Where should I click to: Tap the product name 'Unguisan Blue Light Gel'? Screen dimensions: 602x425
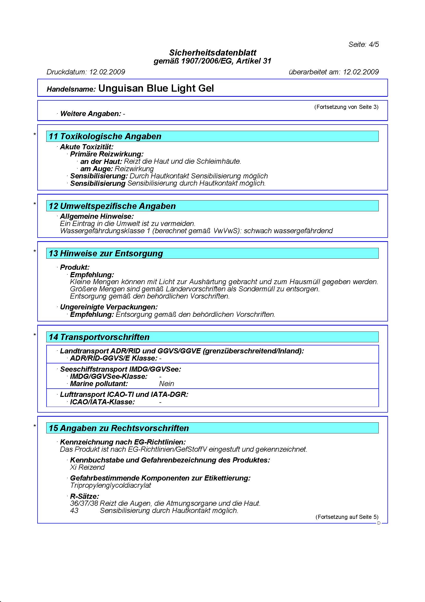pos(156,88)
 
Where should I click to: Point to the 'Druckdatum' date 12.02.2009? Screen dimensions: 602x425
pos(107,72)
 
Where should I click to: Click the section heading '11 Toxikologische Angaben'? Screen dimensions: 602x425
pos(105,136)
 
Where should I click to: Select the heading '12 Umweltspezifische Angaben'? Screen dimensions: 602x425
pos(112,206)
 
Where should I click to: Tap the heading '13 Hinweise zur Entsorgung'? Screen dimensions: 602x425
pos(106,253)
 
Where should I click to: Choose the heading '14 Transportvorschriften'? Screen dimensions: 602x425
pos(99,337)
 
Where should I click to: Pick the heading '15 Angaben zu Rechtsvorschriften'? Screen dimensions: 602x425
pos(119,428)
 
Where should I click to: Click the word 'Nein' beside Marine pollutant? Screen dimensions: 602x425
pos(167,383)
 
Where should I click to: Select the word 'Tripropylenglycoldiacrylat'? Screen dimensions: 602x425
pos(111,485)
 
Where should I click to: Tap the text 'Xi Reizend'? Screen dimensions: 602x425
pos(87,467)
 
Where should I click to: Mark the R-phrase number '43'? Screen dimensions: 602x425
pos(74,510)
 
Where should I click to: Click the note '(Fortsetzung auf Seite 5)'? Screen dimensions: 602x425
pos(347,517)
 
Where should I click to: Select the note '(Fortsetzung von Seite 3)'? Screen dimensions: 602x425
pos(346,107)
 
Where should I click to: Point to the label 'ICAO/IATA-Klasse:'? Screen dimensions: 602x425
pos(102,402)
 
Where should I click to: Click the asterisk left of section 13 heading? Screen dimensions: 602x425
pos(34,251)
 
